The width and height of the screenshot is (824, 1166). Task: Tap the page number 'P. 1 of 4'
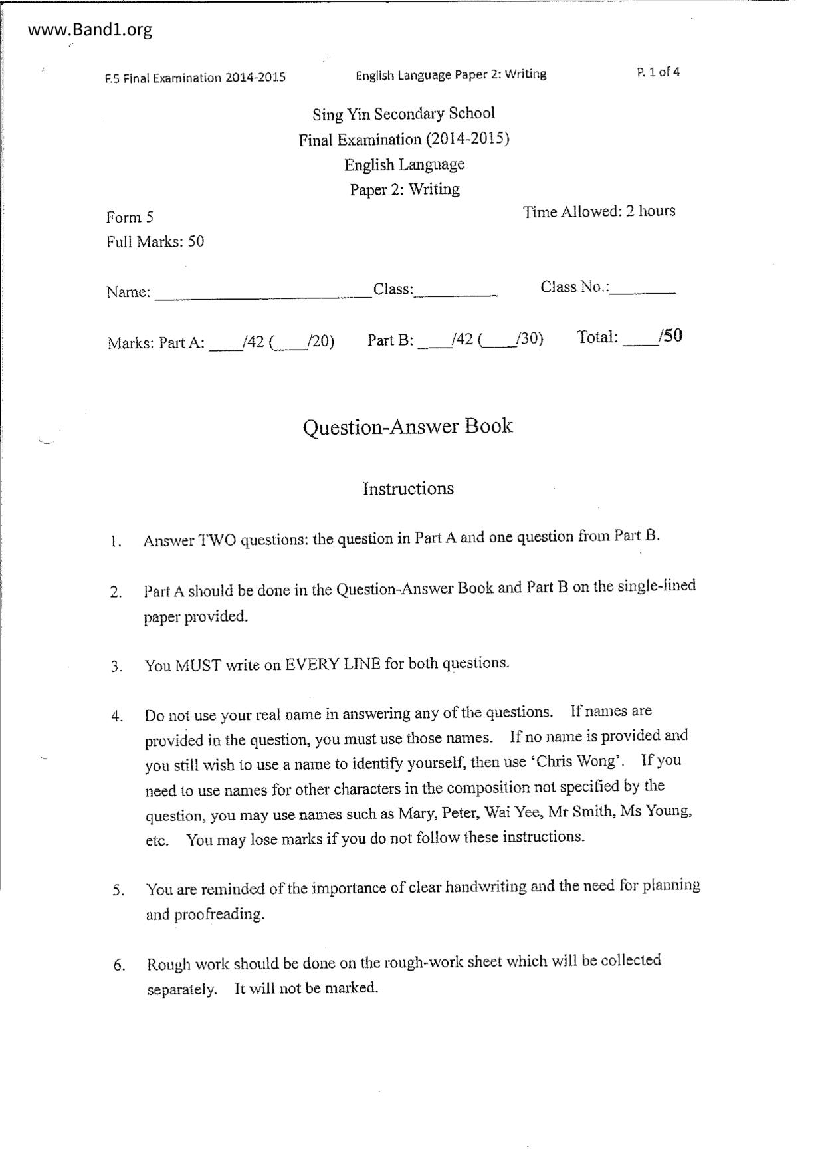[x=658, y=72]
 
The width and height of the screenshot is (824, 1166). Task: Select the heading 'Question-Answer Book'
[x=407, y=426]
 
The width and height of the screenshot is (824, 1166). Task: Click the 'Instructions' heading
[x=408, y=489]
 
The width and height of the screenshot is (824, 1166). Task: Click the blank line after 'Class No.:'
[x=643, y=291]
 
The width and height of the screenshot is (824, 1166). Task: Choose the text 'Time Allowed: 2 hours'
[x=599, y=212]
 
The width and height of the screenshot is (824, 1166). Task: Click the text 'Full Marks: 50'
[x=155, y=242]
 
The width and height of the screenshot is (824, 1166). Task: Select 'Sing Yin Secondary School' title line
[x=404, y=114]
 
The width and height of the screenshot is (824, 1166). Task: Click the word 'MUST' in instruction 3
[x=198, y=665]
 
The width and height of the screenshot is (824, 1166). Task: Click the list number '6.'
[x=119, y=965]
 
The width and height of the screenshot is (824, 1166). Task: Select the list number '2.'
[x=116, y=592]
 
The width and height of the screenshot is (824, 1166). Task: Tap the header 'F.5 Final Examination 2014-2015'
[x=195, y=78]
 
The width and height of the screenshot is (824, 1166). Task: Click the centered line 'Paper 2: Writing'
[x=405, y=190]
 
